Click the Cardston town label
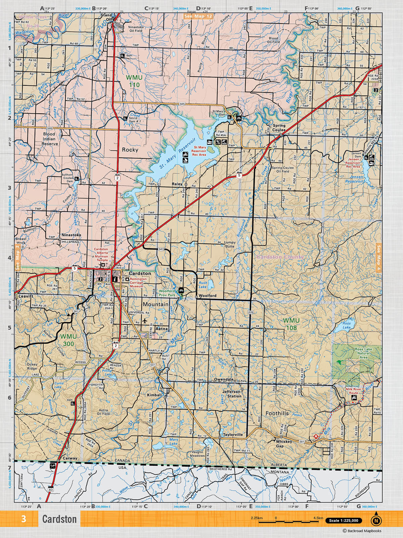pyautogui.click(x=135, y=274)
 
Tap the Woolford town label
pyautogui.click(x=208, y=296)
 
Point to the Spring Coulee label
pyautogui.click(x=279, y=128)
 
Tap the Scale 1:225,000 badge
pyautogui.click(x=344, y=521)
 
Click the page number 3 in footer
pyautogui.click(x=23, y=519)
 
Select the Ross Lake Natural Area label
pyautogui.click(x=363, y=353)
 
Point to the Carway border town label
pyautogui.click(x=70, y=458)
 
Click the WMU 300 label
pyautogui.click(x=68, y=340)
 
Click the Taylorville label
pyautogui.click(x=232, y=434)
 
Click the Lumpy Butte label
pyautogui.click(x=230, y=244)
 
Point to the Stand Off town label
pyautogui.click(x=106, y=17)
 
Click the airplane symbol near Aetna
pyautogui.click(x=145, y=320)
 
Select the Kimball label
pyautogui.click(x=154, y=395)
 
